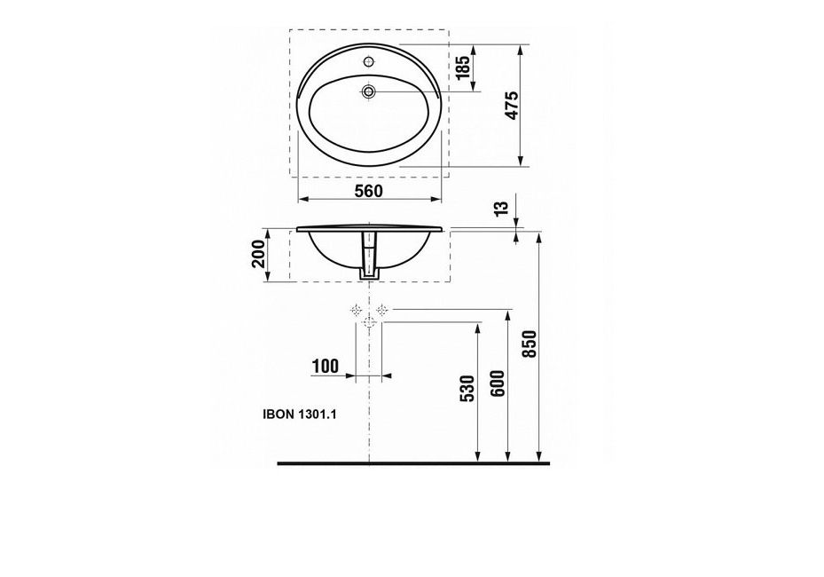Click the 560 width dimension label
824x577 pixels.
tap(369, 192)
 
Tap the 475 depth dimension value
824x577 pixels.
tap(512, 106)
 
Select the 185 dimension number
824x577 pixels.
tap(462, 67)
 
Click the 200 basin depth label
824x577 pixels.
tap(258, 254)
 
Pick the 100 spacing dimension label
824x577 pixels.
tap(326, 366)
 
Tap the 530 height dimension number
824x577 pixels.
tap(467, 389)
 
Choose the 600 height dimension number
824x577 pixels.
tap(498, 384)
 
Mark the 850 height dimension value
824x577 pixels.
tap(530, 344)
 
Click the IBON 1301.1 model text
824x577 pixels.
tap(300, 415)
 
